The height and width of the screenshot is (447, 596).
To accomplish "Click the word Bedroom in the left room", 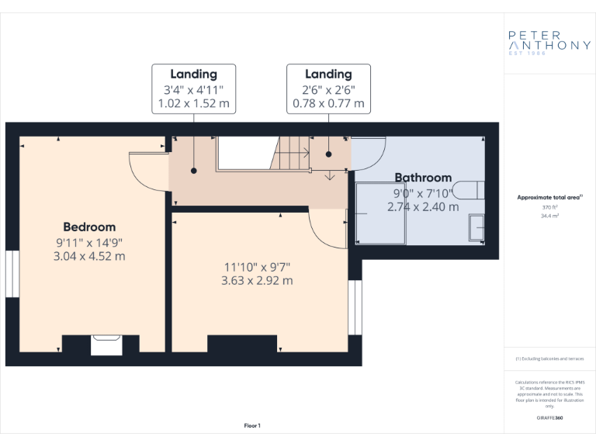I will click(x=89, y=227).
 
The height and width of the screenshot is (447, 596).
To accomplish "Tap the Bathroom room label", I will click(x=423, y=178).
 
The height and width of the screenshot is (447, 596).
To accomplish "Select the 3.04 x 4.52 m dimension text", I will click(x=89, y=256).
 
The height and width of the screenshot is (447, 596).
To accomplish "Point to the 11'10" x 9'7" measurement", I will click(x=257, y=267).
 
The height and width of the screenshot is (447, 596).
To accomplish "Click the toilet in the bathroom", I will click(x=469, y=189).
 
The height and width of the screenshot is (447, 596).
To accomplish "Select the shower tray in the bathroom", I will click(x=380, y=213).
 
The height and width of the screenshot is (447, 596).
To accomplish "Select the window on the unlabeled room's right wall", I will click(x=355, y=307).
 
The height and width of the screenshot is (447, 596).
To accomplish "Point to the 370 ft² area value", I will click(x=549, y=208).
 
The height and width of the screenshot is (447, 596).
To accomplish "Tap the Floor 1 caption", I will click(x=252, y=425).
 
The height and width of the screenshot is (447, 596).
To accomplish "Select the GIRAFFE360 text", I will click(x=549, y=418).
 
